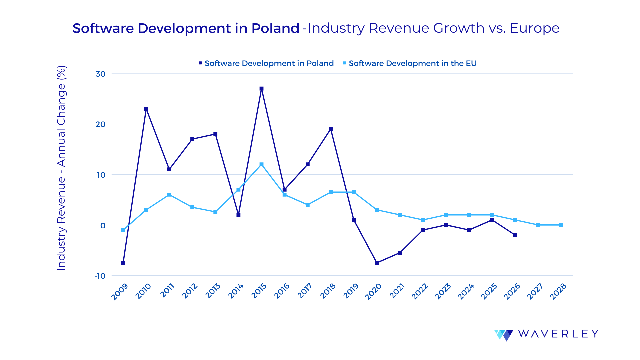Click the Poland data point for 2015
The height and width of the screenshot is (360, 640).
pyautogui.click(x=261, y=89)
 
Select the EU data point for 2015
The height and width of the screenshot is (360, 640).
pyautogui.click(x=261, y=164)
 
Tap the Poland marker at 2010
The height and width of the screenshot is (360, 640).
pyautogui.click(x=146, y=109)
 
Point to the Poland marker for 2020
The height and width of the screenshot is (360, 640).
pyautogui.click(x=377, y=263)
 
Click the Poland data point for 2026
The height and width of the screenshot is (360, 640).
pyautogui.click(x=515, y=235)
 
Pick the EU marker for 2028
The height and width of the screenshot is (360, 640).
pyautogui.click(x=561, y=225)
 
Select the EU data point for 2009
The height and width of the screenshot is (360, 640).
pyautogui.click(x=123, y=230)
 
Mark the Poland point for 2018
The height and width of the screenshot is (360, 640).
pyautogui.click(x=331, y=129)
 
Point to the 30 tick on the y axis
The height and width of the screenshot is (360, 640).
pyautogui.click(x=101, y=74)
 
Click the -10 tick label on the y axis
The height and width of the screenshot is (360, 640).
pyautogui.click(x=100, y=276)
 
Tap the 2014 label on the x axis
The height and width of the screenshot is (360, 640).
pyautogui.click(x=236, y=291)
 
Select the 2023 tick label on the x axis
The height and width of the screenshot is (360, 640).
pyautogui.click(x=443, y=291)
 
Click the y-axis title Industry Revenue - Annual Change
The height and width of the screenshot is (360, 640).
pyautogui.click(x=61, y=168)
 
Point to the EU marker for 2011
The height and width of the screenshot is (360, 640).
pyautogui.click(x=169, y=195)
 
